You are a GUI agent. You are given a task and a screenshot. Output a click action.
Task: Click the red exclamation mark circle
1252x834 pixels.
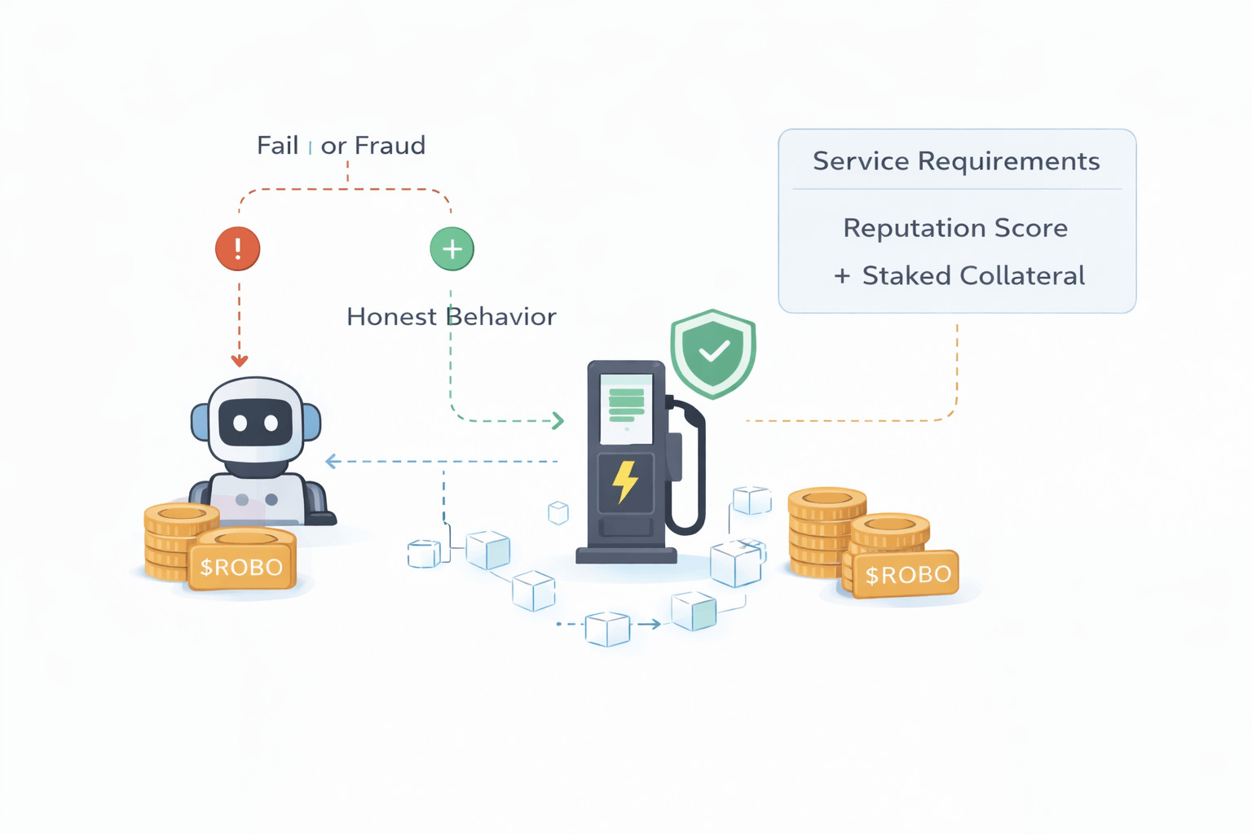[237, 248]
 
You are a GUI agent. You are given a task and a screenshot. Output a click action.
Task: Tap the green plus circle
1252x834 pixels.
[452, 248]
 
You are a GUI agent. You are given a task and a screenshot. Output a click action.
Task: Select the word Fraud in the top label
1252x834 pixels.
[390, 146]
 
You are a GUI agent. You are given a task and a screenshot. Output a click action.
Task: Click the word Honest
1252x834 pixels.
[391, 317]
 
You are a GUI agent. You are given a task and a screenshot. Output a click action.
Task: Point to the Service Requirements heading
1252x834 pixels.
[956, 161]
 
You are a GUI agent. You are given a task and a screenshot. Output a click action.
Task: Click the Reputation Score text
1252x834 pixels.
[955, 228]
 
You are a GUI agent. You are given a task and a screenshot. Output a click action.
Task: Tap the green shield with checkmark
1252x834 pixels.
[713, 353]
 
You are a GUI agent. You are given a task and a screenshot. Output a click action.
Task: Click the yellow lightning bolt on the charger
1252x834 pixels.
[625, 482]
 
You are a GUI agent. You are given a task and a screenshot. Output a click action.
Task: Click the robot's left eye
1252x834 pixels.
[240, 424]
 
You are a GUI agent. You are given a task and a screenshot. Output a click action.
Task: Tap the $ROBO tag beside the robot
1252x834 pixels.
[241, 567]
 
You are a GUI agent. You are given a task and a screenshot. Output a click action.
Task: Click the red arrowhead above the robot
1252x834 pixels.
[239, 360]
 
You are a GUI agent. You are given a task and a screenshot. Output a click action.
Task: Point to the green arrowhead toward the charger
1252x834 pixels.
[558, 420]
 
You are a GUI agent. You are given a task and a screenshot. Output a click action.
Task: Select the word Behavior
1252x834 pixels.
[501, 317]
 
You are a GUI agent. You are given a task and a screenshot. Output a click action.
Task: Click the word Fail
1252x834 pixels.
[277, 146]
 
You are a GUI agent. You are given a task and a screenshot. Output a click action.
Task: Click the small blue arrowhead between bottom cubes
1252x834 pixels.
[655, 624]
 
